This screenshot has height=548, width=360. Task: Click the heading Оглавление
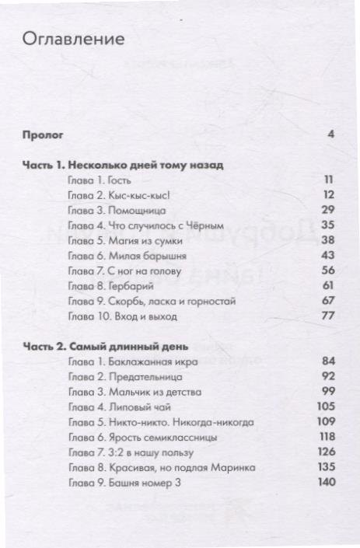[x=75, y=39]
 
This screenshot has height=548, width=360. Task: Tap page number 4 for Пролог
[x=330, y=134]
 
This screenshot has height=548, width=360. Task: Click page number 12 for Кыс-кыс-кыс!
[x=328, y=195]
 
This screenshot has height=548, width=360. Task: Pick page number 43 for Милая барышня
[x=327, y=255]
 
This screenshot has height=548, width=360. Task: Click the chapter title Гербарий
[x=128, y=286]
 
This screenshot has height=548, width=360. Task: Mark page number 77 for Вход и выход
[x=327, y=316]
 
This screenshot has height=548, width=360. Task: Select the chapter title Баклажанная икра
[x=152, y=361]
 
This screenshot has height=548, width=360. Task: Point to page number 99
[x=327, y=392]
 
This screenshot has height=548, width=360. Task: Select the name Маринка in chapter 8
[x=231, y=467]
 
